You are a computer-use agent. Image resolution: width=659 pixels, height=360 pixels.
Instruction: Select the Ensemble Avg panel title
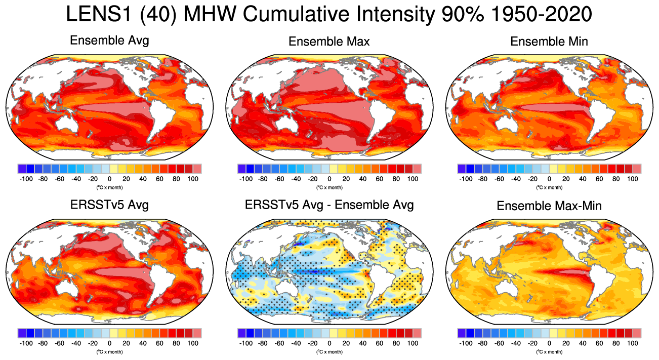pyautogui.click(x=109, y=41)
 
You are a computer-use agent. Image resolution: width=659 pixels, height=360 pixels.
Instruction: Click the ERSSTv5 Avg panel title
pyautogui.click(x=109, y=205)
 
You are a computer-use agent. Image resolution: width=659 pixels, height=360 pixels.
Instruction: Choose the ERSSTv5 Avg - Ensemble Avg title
pyautogui.click(x=329, y=205)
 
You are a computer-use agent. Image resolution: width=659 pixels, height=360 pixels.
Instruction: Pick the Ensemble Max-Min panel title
pyautogui.click(x=549, y=206)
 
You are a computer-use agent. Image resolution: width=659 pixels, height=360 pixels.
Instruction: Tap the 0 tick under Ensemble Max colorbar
pyautogui.click(x=329, y=179)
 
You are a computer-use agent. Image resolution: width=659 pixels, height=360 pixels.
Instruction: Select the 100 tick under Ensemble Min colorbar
pyautogui.click(x=633, y=179)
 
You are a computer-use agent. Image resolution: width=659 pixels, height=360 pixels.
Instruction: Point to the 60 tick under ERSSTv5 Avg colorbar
pyautogui.click(x=159, y=343)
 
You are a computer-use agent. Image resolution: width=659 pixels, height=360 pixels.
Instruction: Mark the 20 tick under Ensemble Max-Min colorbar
pyautogui.click(x=566, y=343)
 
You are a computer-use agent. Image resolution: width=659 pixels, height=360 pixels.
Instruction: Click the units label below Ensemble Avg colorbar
pyautogui.click(x=109, y=187)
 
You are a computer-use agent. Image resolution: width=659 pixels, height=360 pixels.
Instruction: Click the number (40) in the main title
pyautogui.click(x=157, y=15)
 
